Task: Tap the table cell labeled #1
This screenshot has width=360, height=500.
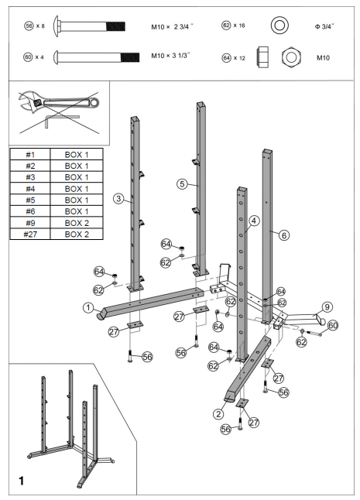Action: pos(29,155)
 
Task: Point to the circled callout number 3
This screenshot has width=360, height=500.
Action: pos(118,199)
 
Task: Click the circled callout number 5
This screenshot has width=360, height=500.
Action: pos(183,184)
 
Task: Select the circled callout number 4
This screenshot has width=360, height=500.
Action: pos(253,221)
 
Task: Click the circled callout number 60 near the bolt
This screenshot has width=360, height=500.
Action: pos(333,326)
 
